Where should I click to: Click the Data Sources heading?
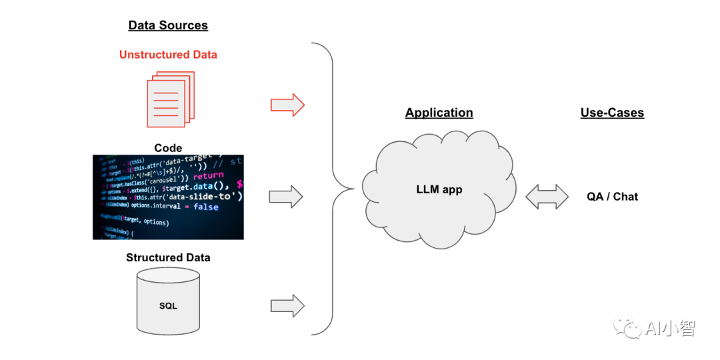(168, 25)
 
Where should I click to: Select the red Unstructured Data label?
(168, 55)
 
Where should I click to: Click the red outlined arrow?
(287, 105)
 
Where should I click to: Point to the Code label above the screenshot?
(168, 148)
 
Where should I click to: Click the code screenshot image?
(168, 197)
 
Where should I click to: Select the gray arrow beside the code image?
(286, 197)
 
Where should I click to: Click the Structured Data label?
(168, 257)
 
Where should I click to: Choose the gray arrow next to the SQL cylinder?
(287, 306)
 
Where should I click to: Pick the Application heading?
(439, 113)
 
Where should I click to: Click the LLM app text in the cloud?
(439, 189)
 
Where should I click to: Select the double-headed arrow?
(547, 197)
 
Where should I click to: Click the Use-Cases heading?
(612, 113)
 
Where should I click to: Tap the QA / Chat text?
(612, 197)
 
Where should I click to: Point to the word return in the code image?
(209, 175)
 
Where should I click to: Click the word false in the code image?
(206, 207)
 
